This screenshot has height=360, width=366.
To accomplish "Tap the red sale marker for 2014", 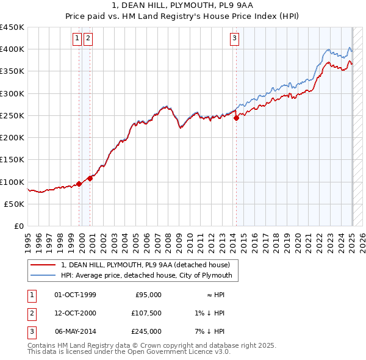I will [x=236, y=118].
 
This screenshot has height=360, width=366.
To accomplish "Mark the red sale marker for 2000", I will [x=90, y=178].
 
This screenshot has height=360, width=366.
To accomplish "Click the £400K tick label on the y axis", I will [x=12, y=49].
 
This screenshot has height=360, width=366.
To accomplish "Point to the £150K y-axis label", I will [x=12, y=160].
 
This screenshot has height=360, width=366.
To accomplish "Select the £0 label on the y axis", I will [x=20, y=226].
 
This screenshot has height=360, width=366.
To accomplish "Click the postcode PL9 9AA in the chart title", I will [x=229, y=6].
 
